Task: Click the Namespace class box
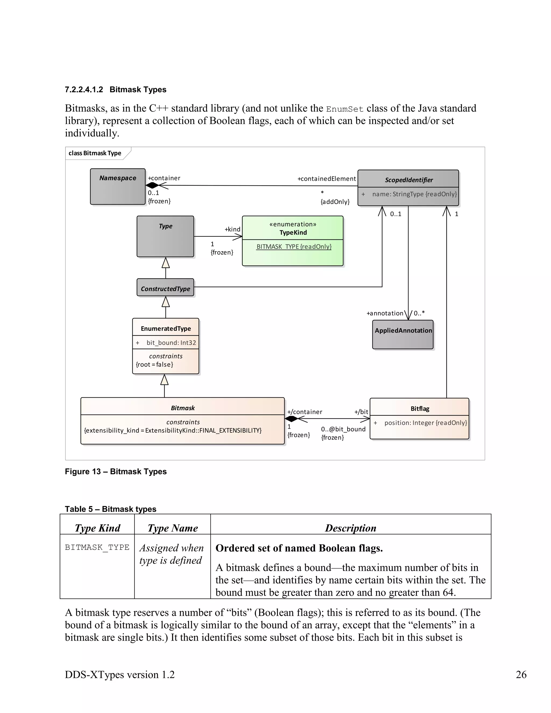pos(118,187)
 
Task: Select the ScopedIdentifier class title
pos(408,180)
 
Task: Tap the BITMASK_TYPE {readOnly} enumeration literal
pos(294,247)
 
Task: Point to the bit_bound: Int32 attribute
pos(171,343)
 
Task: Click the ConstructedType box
pos(165,289)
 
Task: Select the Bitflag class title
pos(420,409)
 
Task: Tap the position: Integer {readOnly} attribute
pos(425,423)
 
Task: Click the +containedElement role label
pos(326,179)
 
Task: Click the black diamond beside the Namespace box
pos(152,185)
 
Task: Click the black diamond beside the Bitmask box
pos(291,419)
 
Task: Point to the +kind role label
pos(232,230)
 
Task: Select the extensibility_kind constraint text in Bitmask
pos(173,430)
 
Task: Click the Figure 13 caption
pos(115,471)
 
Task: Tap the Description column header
pos(350,528)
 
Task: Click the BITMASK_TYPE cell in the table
pos(97,548)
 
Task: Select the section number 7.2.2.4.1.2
pos(84,90)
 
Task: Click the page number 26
pos(521,675)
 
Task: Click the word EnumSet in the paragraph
pos(344,109)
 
